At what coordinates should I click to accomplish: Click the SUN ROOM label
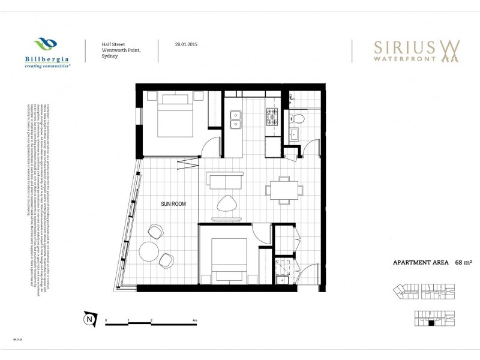point(173,205)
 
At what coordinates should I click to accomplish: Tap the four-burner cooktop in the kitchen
point(272,117)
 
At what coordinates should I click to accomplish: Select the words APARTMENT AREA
point(421,262)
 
